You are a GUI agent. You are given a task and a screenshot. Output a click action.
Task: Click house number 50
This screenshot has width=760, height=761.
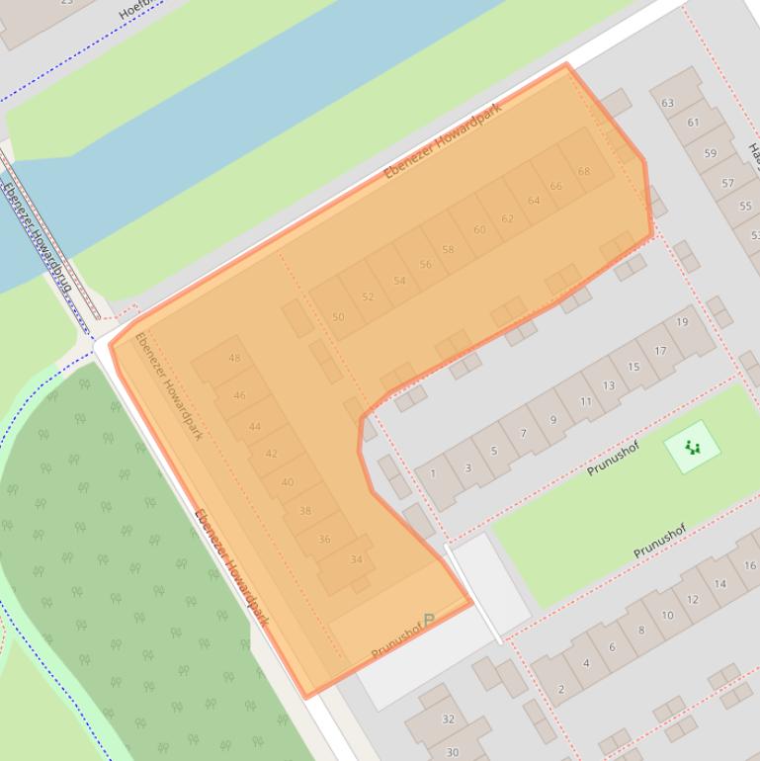(x=338, y=317)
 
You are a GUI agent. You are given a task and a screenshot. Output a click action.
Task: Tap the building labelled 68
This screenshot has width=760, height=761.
(x=584, y=171)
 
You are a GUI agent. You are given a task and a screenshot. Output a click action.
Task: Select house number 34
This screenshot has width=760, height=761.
(x=357, y=559)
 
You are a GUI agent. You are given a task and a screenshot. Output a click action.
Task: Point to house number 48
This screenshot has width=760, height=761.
(x=234, y=358)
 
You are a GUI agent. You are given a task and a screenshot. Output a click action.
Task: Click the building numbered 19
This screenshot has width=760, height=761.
(x=682, y=322)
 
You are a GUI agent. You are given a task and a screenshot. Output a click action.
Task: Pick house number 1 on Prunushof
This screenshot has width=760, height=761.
(x=433, y=473)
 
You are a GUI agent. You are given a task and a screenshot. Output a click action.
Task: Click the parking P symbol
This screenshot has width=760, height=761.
(x=429, y=621)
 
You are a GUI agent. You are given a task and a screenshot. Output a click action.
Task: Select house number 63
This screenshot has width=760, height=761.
(x=668, y=103)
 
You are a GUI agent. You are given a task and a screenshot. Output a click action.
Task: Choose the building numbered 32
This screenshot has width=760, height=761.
(x=448, y=719)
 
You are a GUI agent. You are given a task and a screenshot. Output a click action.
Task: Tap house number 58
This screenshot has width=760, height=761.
(x=448, y=249)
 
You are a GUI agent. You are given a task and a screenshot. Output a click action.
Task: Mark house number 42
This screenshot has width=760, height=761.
(x=272, y=454)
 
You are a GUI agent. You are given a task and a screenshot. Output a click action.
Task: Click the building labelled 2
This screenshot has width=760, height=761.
(x=561, y=689)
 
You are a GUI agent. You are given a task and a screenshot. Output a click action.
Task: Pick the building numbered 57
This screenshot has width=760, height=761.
(x=728, y=183)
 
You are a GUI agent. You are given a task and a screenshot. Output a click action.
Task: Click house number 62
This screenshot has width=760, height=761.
(x=507, y=218)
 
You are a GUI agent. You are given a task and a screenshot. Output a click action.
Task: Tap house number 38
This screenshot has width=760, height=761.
(x=305, y=511)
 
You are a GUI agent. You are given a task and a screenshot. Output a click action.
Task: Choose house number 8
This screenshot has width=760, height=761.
(x=640, y=631)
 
